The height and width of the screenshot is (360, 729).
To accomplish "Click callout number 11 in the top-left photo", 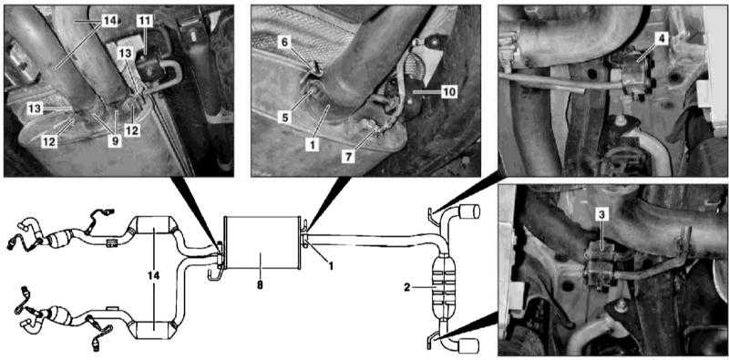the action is (x=144, y=20).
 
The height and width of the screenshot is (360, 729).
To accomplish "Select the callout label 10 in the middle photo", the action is (x=448, y=92).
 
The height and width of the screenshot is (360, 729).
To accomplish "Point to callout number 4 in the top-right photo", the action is (x=662, y=38).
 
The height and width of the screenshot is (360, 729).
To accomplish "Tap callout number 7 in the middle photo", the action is (x=349, y=157).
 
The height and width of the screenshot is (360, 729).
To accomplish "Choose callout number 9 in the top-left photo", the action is (x=115, y=141).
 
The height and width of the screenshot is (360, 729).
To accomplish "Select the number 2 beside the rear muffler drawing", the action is (x=406, y=288).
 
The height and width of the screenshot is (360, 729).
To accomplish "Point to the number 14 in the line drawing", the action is (x=154, y=276).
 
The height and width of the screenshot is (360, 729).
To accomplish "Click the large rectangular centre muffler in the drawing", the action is (x=261, y=242).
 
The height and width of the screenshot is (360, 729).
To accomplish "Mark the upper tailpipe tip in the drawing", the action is (x=469, y=211).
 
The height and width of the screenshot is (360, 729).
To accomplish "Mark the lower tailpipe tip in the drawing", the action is (x=468, y=345).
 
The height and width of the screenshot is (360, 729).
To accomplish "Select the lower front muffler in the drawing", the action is (x=154, y=330).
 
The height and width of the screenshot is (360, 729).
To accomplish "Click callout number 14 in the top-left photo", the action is (x=110, y=20).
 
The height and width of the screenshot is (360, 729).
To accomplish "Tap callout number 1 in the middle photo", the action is (x=313, y=145).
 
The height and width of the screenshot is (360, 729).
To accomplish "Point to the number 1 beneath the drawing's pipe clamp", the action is (x=331, y=266).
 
